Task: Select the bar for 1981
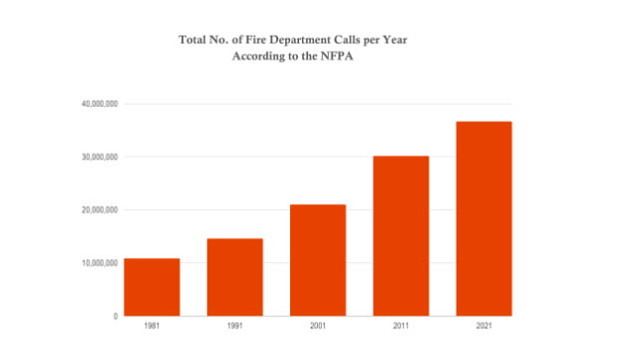click(x=152, y=287)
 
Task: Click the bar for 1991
click(x=234, y=277)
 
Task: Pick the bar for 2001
click(x=317, y=260)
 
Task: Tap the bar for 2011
click(x=401, y=236)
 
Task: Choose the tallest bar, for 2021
click(x=483, y=218)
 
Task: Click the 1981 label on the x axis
click(x=152, y=326)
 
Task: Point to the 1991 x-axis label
click(x=234, y=326)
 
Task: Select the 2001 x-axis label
click(x=317, y=326)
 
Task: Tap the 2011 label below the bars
click(x=401, y=326)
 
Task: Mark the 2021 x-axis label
click(x=483, y=326)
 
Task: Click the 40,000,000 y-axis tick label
click(x=100, y=104)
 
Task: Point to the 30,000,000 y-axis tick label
click(x=100, y=157)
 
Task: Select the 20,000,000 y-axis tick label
click(x=100, y=210)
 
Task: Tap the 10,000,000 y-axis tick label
click(x=100, y=263)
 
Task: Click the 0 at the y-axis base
click(x=115, y=316)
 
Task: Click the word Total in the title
click(x=193, y=41)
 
